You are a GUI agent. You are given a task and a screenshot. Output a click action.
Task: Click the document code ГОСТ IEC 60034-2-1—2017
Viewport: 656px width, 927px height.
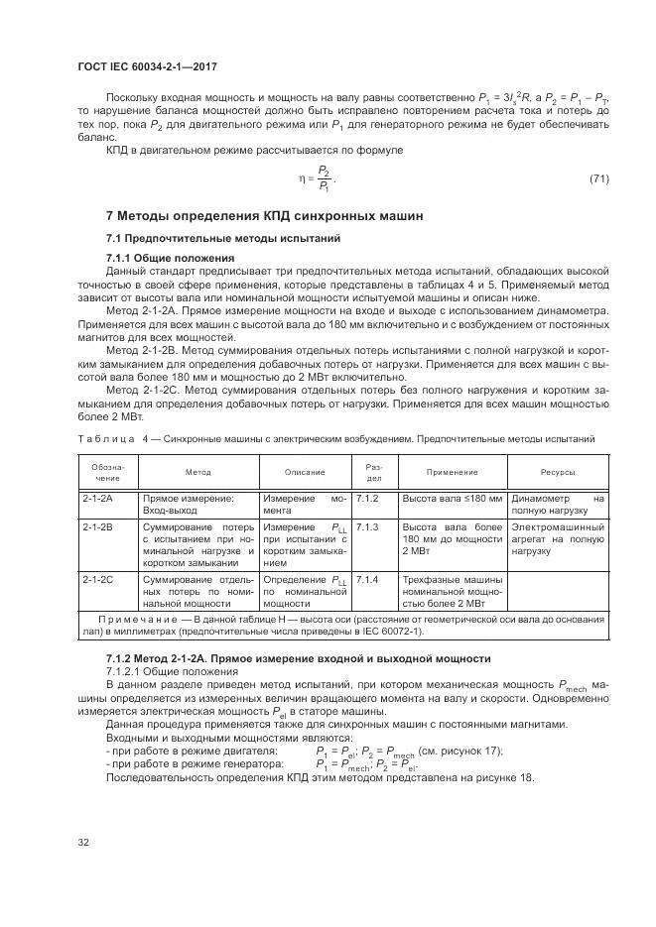pyautogui.click(x=147, y=66)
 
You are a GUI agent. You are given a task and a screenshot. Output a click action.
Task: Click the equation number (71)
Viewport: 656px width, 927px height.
pyautogui.click(x=598, y=178)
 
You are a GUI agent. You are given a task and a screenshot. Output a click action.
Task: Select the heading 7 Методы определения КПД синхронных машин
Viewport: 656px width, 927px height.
pyautogui.click(x=264, y=215)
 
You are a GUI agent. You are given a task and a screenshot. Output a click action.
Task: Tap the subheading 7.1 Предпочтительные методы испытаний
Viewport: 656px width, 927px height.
pyautogui.click(x=223, y=239)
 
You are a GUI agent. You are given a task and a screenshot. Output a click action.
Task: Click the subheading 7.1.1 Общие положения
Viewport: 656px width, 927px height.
pyautogui.click(x=170, y=258)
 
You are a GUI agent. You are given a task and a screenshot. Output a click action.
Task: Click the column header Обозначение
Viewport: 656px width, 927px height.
pyautogui.click(x=107, y=472)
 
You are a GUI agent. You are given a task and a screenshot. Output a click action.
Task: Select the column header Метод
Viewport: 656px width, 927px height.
pyautogui.click(x=197, y=473)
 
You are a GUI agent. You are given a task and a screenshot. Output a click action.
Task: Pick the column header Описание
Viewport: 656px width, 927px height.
pyautogui.click(x=305, y=473)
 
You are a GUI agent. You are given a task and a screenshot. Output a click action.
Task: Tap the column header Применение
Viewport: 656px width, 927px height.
pyautogui.click(x=453, y=473)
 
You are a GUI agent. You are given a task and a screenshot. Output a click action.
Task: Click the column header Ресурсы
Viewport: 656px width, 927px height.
pyautogui.click(x=558, y=473)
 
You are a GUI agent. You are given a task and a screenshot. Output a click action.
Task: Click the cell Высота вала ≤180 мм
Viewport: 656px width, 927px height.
pyautogui.click(x=453, y=499)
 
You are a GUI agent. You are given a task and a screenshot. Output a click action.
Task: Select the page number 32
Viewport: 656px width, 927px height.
pyautogui.click(x=84, y=843)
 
